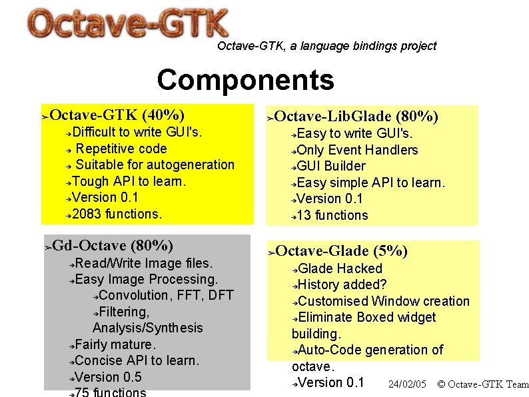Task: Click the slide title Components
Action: click(x=245, y=80)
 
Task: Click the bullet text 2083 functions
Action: click(x=117, y=214)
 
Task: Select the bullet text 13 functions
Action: click(x=332, y=215)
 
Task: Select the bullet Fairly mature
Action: click(x=115, y=344)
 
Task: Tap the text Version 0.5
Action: click(x=108, y=377)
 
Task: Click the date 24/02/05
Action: click(x=407, y=384)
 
